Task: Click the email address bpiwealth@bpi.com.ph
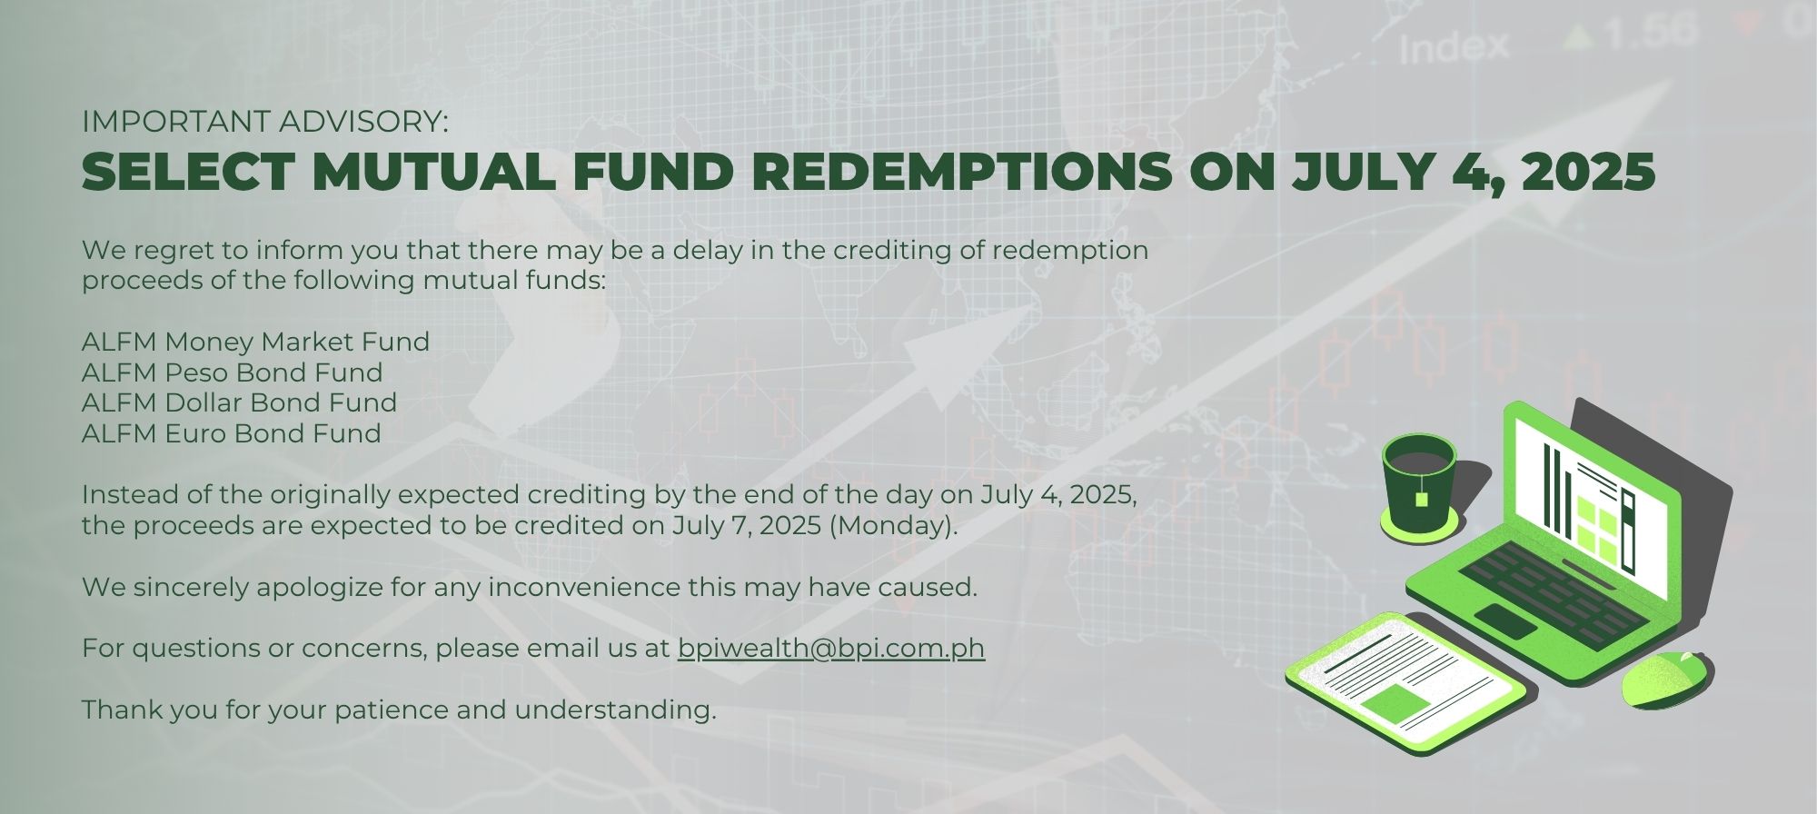coord(831,649)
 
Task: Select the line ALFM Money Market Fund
coord(255,342)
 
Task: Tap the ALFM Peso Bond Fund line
coord(232,372)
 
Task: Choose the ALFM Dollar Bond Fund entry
coord(239,402)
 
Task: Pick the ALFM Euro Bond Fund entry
coord(231,433)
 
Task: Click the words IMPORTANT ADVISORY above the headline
coord(264,121)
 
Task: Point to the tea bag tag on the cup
coord(1421,499)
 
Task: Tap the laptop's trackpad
coord(1505,620)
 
